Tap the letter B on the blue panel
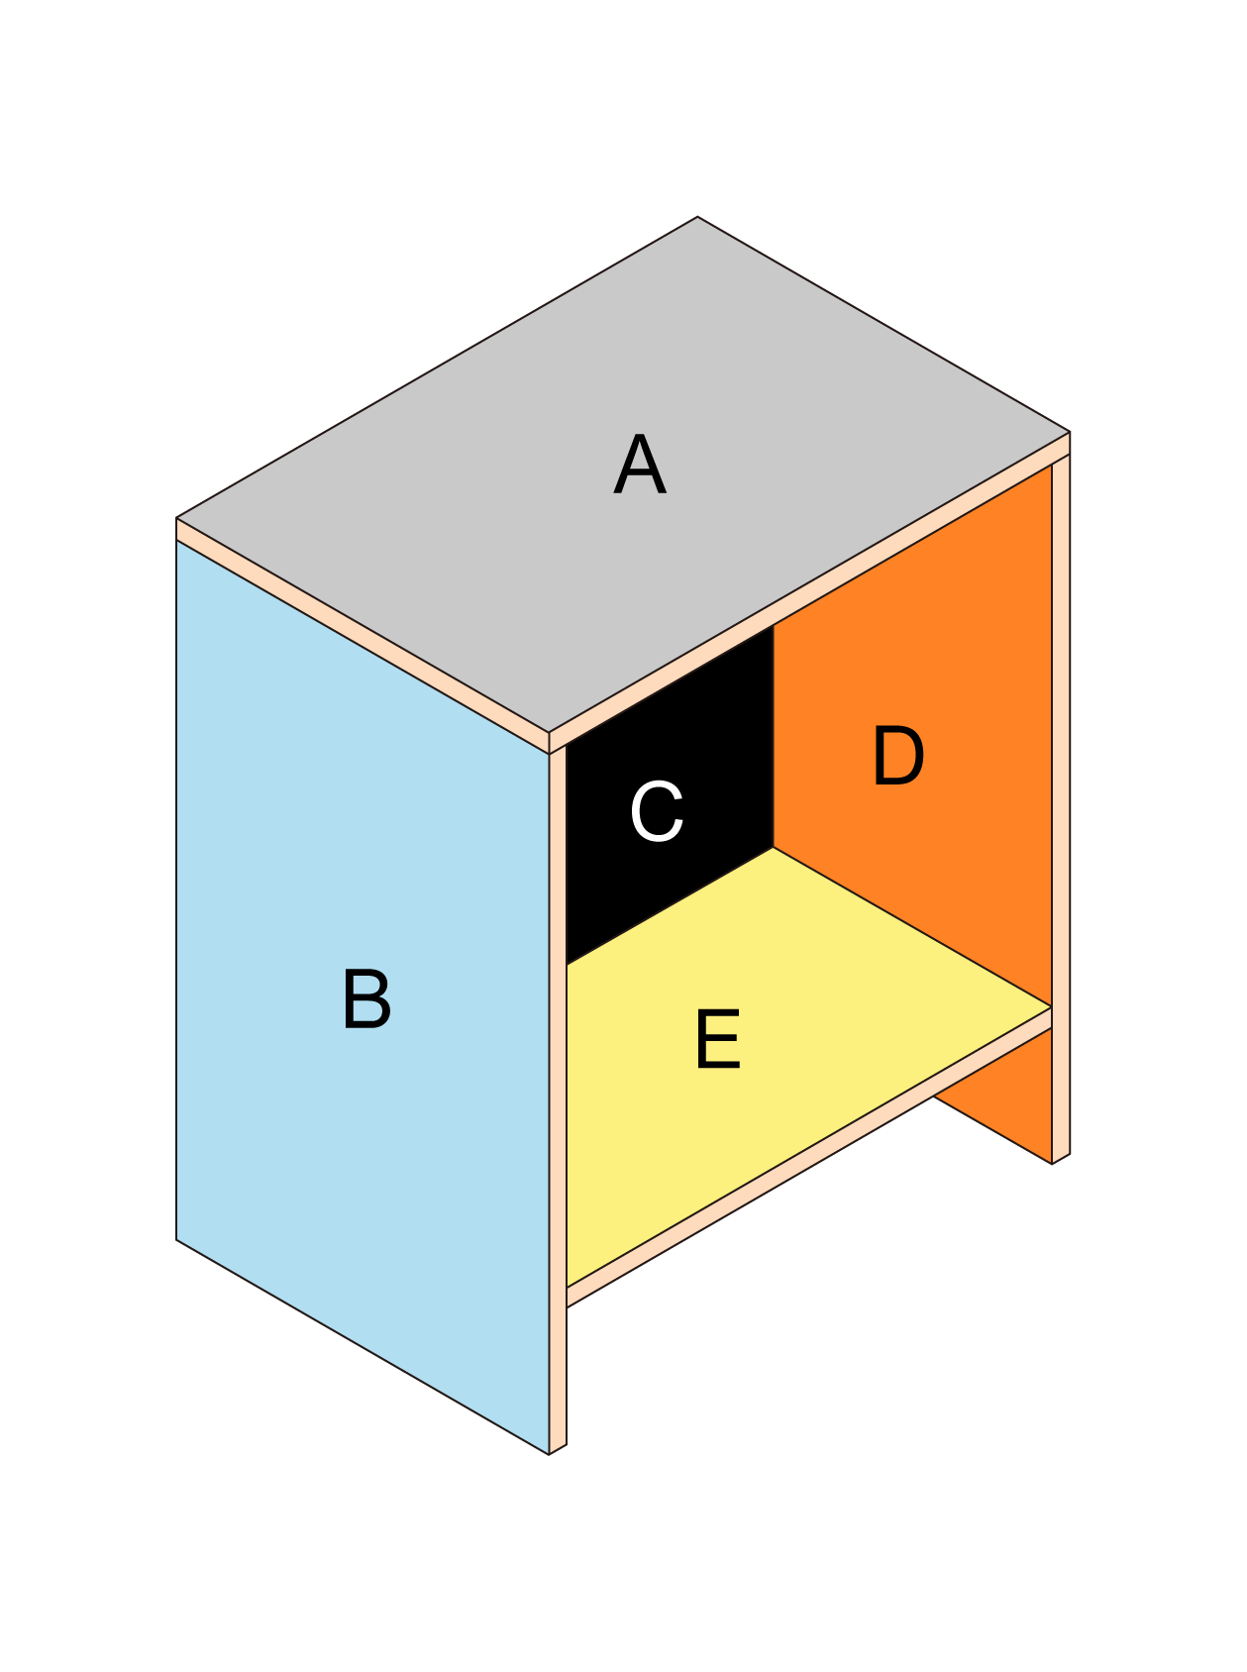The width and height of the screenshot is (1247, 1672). (366, 999)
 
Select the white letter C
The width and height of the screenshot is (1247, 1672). (657, 811)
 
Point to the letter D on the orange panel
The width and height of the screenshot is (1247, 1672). (898, 757)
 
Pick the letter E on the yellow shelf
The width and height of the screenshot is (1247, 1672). (718, 1039)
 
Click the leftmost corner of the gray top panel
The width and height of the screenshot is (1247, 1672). (177, 518)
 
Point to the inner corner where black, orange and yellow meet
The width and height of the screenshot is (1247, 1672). (774, 848)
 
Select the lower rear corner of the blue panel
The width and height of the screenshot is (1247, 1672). (178, 1239)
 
